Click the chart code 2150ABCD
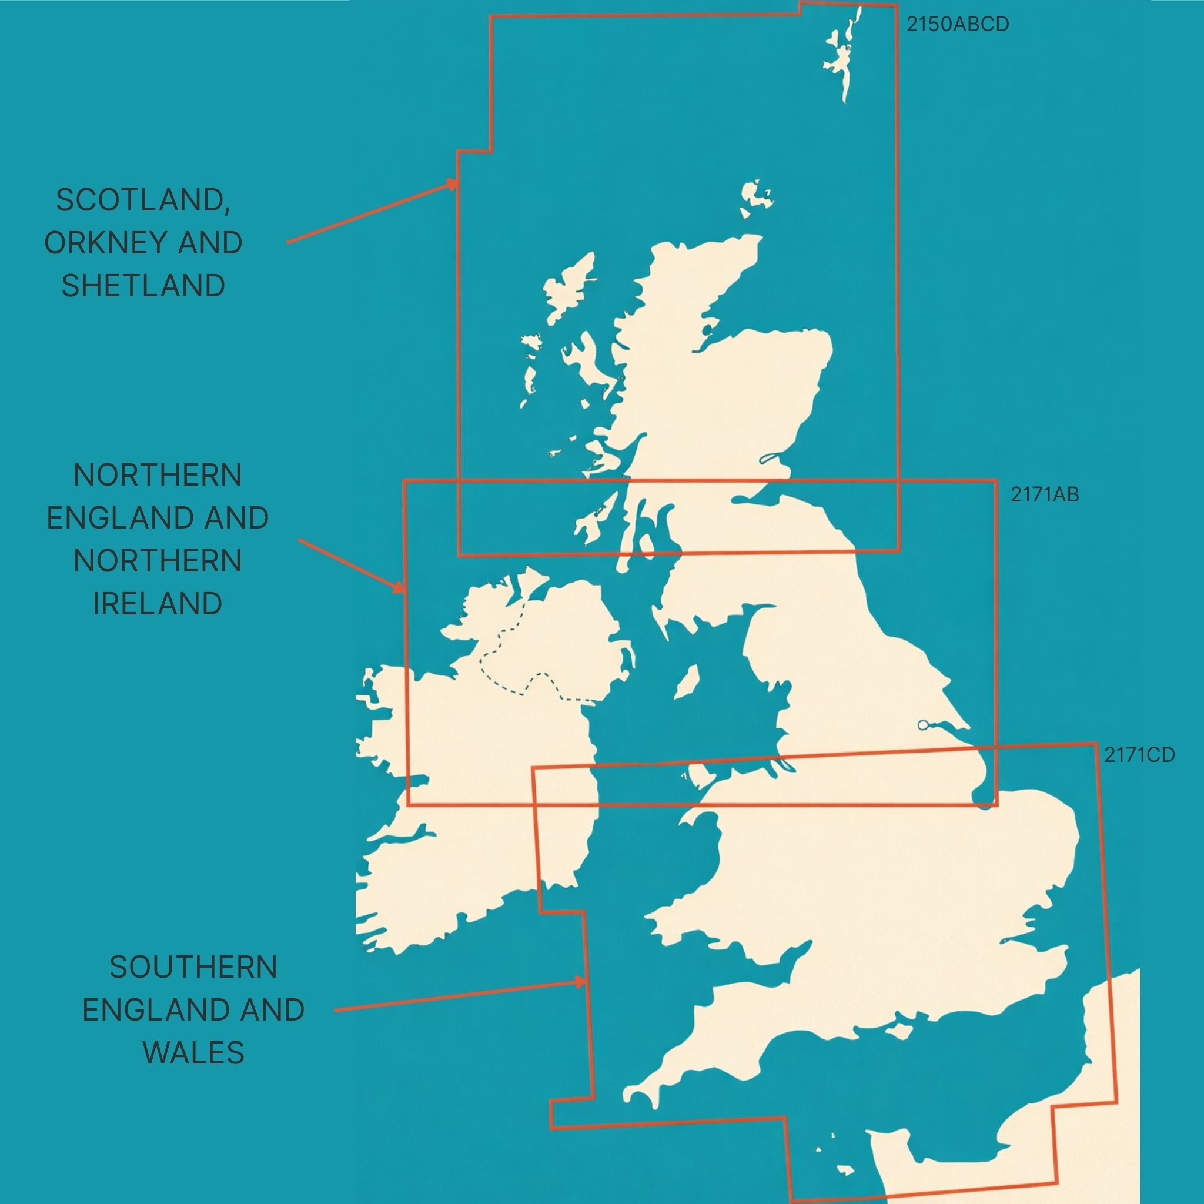(x=957, y=24)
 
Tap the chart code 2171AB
(x=1045, y=494)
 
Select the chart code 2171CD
(x=1139, y=755)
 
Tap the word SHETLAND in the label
(x=143, y=285)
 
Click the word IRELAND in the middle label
(x=157, y=603)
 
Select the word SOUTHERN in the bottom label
(x=193, y=967)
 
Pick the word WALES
(x=193, y=1052)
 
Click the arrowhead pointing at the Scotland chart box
(x=453, y=184)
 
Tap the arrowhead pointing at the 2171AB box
(x=399, y=587)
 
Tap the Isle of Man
(x=686, y=682)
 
